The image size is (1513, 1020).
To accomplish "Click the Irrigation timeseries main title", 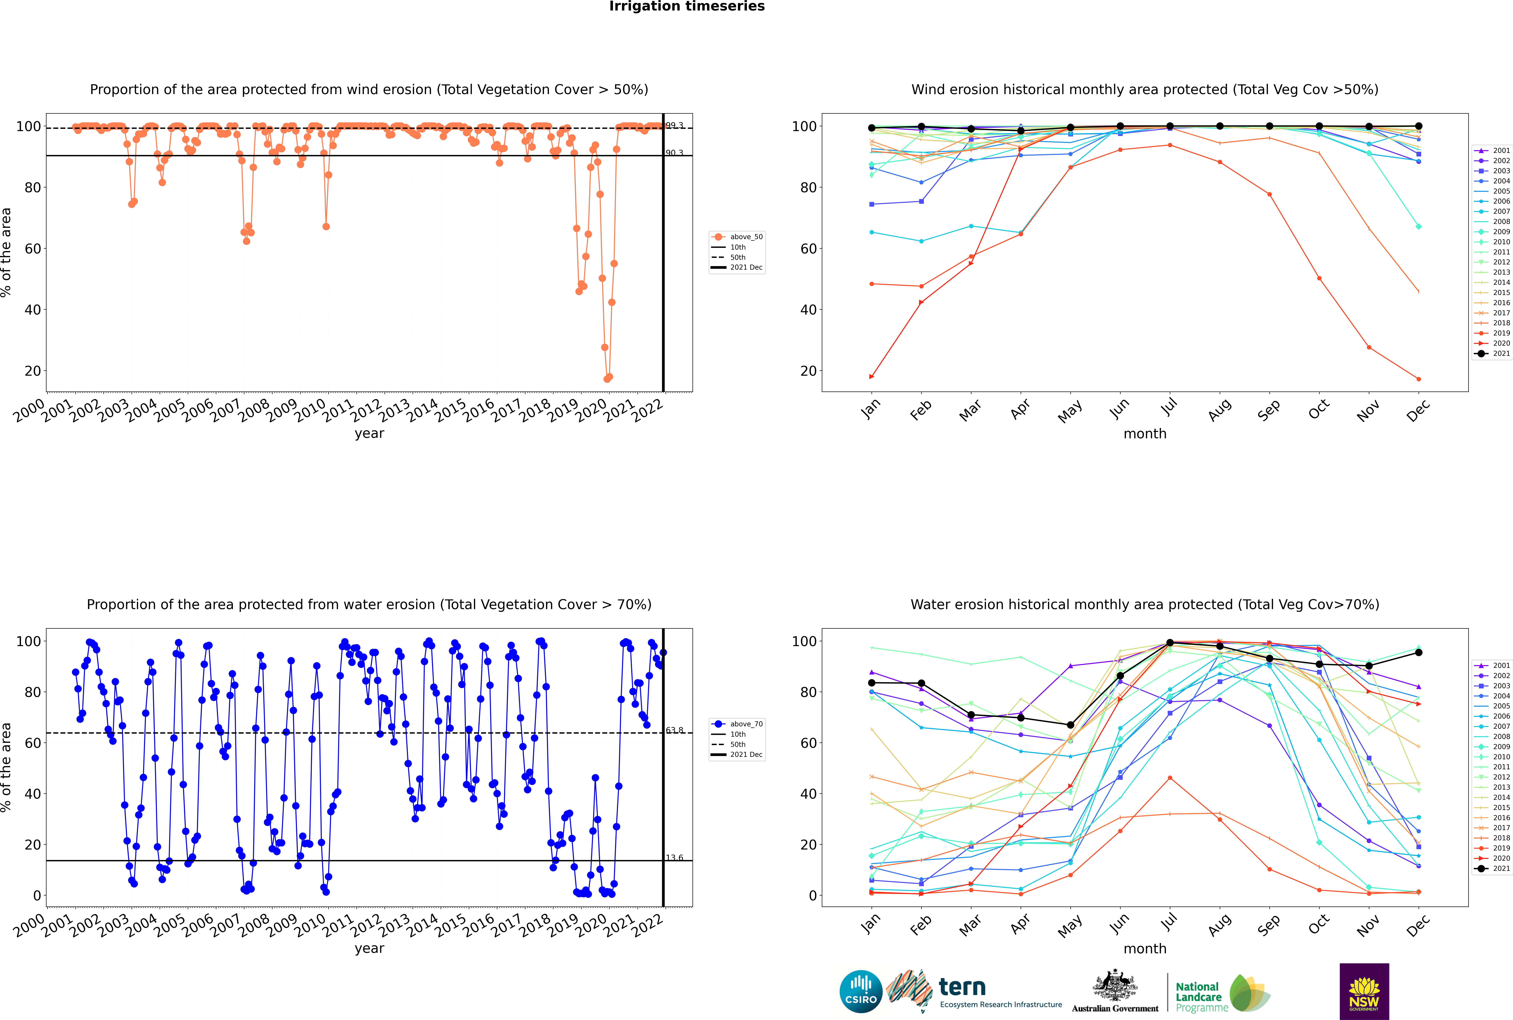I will pos(687,6).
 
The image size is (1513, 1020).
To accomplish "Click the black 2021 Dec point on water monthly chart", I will pos(1419,652).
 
